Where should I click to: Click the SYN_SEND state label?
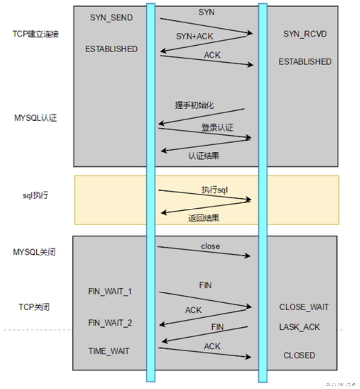[111, 18]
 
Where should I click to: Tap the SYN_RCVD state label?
[305, 34]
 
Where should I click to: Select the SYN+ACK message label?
[194, 36]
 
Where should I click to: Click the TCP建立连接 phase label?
[36, 34]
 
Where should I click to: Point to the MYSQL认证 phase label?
[36, 118]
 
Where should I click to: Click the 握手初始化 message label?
[194, 105]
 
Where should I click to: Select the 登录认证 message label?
[217, 127]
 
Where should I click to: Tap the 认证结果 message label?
[204, 156]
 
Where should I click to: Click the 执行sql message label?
[215, 190]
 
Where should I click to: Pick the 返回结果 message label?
[204, 218]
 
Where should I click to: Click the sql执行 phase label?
[35, 195]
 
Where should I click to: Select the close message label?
[210, 246]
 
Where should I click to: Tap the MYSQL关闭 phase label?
[34, 252]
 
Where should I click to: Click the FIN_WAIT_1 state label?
[110, 291]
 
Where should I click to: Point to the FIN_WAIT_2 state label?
[110, 323]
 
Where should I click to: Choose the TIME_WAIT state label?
[109, 351]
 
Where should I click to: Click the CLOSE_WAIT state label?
[304, 307]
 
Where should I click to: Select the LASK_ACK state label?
[299, 327]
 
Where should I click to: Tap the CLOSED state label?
[299, 355]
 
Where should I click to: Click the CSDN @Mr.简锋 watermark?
[340, 384]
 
